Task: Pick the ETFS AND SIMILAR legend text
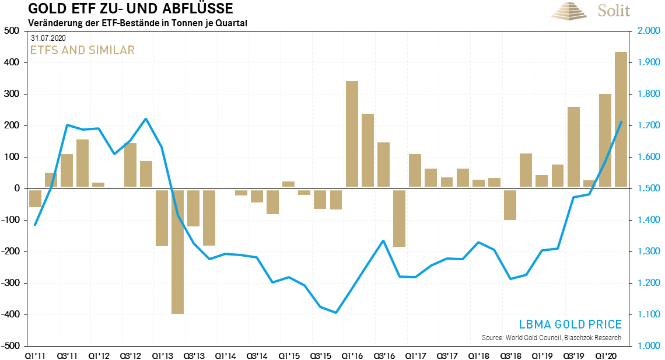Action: pyautogui.click(x=82, y=50)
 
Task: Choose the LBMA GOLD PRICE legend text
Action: pyautogui.click(x=570, y=324)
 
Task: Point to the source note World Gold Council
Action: pyautogui.click(x=551, y=338)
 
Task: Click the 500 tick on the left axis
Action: pyautogui.click(x=12, y=31)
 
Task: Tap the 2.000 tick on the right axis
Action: pyautogui.click(x=647, y=31)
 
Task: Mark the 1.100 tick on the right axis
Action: pyautogui.click(x=647, y=314)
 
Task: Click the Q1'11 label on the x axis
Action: pyautogui.click(x=35, y=355)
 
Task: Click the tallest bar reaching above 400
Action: pyautogui.click(x=621, y=120)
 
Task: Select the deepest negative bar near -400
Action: pyautogui.click(x=177, y=251)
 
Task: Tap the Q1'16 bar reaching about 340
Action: pyautogui.click(x=352, y=134)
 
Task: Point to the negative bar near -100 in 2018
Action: pyautogui.click(x=510, y=204)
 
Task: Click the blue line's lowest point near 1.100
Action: pyautogui.click(x=336, y=313)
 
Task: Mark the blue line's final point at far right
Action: pyautogui.click(x=621, y=122)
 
